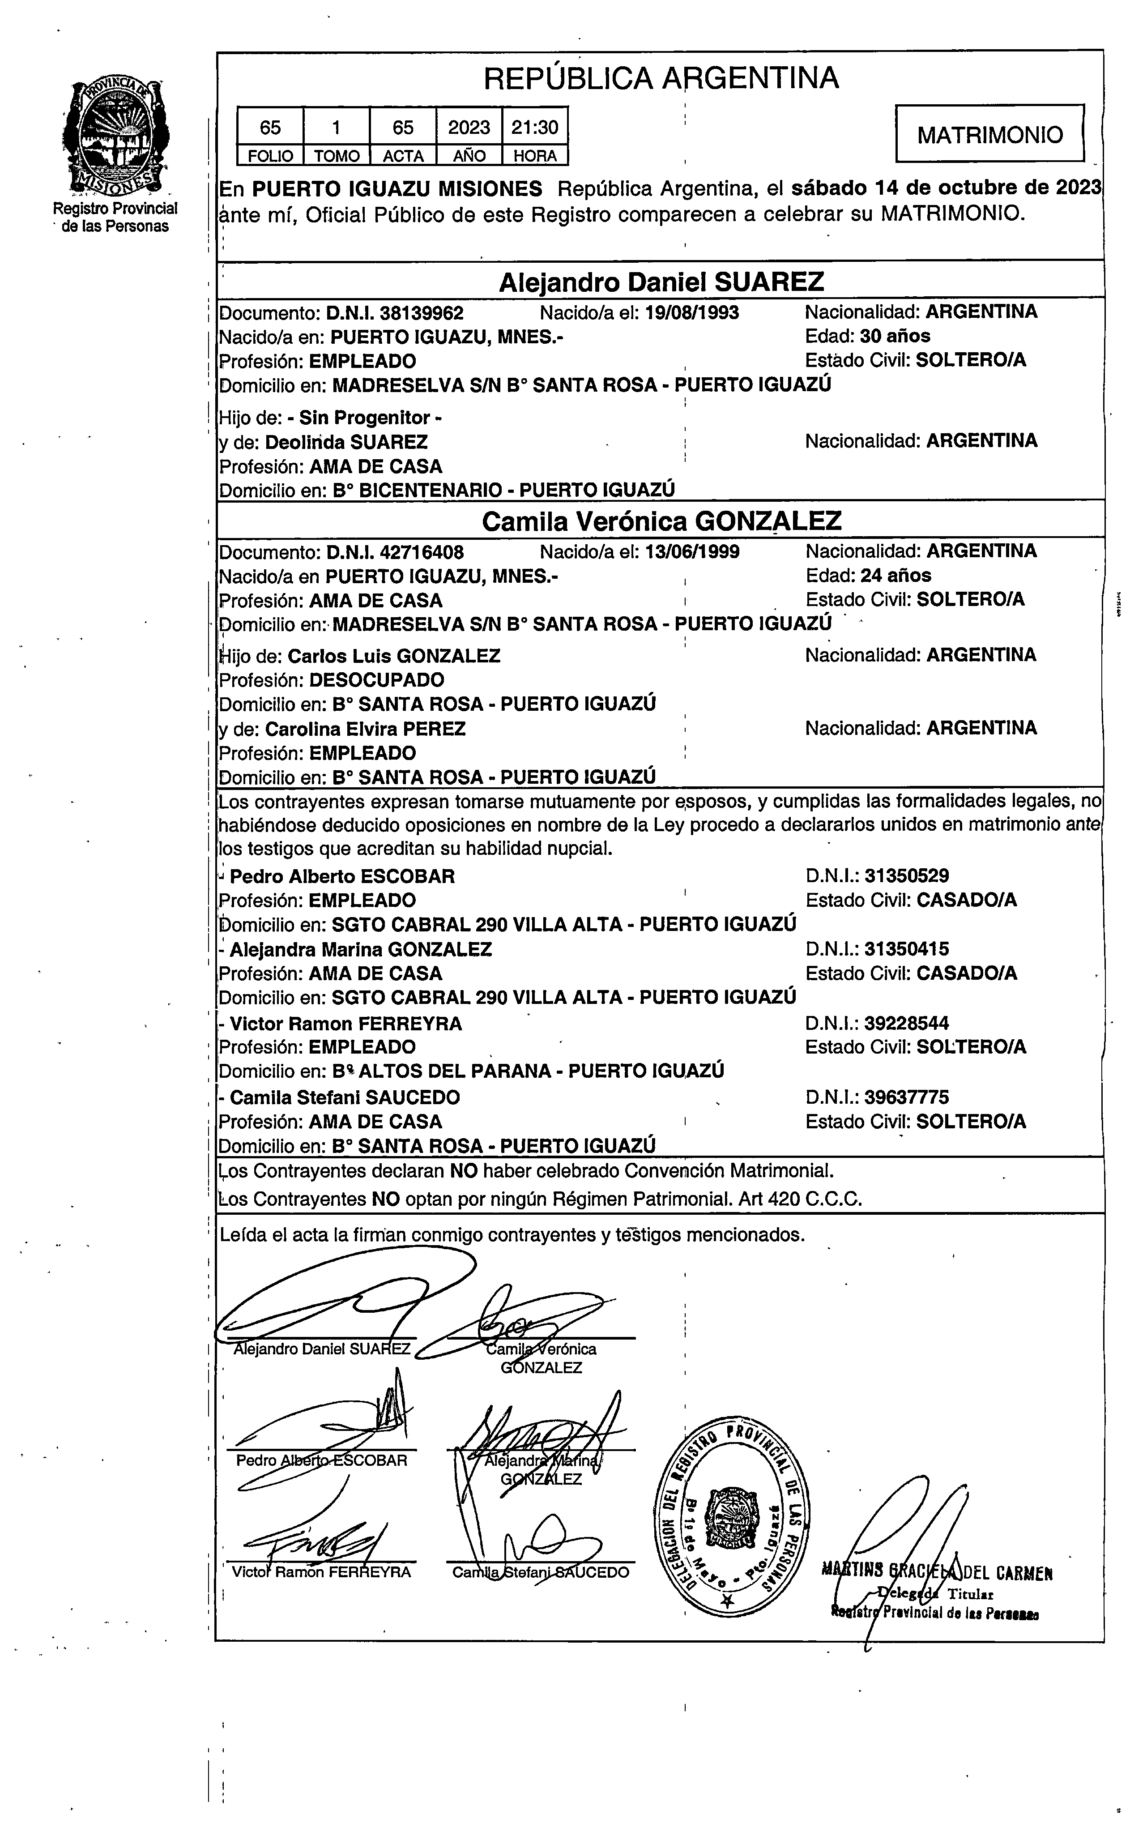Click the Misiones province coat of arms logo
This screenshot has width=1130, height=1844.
(115, 137)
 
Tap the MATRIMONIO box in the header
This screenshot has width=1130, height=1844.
(989, 135)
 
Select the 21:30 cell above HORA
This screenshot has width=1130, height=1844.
(534, 127)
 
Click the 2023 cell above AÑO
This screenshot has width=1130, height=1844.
(469, 127)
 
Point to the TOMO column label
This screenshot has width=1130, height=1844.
(336, 156)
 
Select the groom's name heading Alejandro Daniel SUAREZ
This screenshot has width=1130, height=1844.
(661, 282)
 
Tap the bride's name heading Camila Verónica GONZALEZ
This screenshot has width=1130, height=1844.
(661, 521)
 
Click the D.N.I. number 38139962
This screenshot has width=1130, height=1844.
(421, 313)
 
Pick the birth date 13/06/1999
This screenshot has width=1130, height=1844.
(692, 552)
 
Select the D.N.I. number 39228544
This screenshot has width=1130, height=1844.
(906, 1023)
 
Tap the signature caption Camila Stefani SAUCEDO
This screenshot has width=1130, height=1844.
(540, 1572)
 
